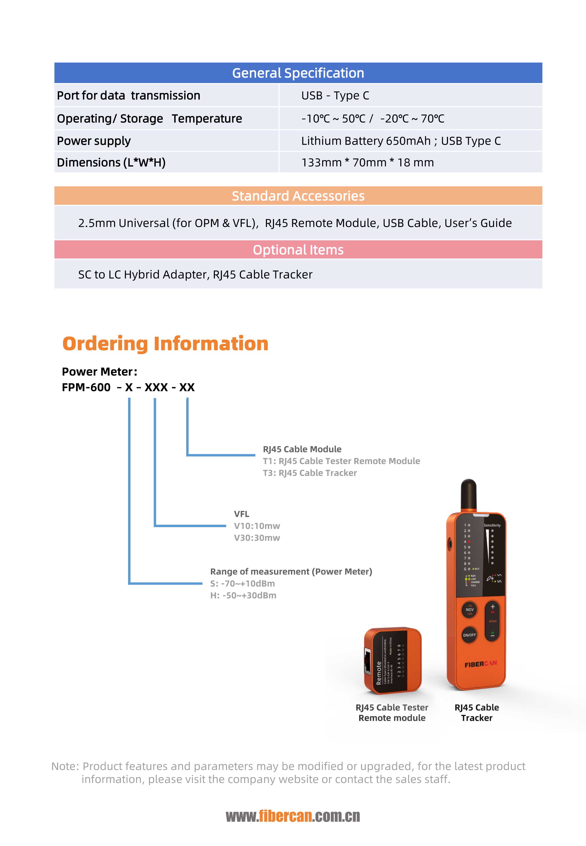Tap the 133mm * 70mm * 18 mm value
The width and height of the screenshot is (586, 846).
click(367, 162)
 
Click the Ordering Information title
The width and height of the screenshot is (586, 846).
click(165, 344)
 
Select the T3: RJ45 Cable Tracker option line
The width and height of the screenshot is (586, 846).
click(309, 473)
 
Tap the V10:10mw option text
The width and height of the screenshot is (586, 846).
click(257, 526)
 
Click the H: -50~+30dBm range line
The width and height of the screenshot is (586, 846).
click(243, 595)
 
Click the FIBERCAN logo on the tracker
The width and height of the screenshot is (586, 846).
click(480, 664)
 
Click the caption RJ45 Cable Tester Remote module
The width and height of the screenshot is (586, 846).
click(392, 712)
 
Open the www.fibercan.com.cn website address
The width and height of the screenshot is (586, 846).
click(293, 817)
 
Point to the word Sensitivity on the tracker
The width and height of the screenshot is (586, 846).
click(492, 525)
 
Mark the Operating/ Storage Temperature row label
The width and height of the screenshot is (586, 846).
click(149, 118)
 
